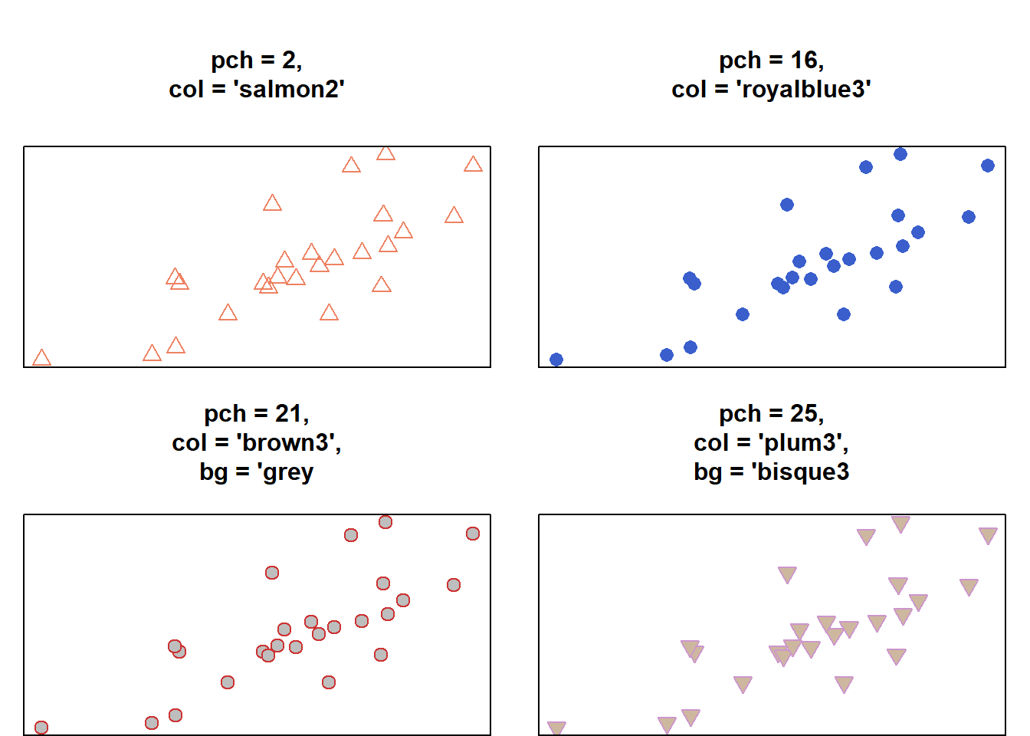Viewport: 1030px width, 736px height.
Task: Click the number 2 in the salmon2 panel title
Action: [x=289, y=60]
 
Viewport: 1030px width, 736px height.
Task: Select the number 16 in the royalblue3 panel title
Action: [x=804, y=60]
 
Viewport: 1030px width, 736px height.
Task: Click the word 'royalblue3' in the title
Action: [x=803, y=89]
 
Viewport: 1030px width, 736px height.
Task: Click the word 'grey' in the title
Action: [x=288, y=472]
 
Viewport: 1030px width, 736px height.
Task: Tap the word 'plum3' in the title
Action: [x=802, y=442]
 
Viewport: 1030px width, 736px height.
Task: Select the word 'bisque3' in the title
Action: [x=803, y=472]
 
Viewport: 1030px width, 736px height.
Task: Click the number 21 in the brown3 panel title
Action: [x=288, y=414]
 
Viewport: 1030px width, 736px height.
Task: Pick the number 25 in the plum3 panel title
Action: [x=804, y=414]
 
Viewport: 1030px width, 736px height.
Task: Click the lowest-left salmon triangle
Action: [x=41, y=358]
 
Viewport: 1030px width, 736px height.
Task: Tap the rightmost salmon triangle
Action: [x=473, y=164]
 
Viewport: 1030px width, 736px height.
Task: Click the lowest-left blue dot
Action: [x=556, y=360]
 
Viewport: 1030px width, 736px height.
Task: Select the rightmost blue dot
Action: [x=988, y=166]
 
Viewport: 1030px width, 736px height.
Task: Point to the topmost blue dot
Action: [x=900, y=154]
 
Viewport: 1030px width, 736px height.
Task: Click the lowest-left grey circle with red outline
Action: [x=41, y=728]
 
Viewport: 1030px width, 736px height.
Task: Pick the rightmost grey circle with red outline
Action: [x=473, y=534]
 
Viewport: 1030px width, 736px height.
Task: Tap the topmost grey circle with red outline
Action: [x=385, y=522]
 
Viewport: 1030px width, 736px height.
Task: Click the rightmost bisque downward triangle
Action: [x=988, y=535]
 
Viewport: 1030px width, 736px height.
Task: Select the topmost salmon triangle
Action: [x=385, y=153]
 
